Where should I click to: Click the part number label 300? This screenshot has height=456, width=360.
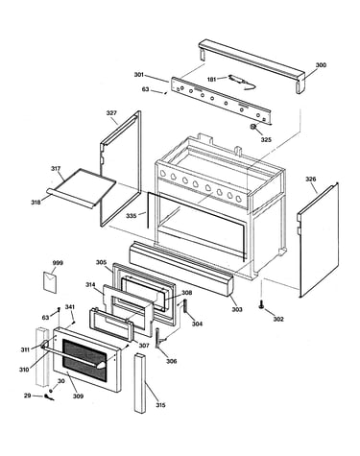coord(321,65)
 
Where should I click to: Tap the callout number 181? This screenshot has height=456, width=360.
coord(211,80)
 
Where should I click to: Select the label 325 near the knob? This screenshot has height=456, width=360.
coord(266,140)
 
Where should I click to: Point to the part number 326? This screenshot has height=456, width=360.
coord(310,180)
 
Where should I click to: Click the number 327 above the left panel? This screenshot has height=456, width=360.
coord(111,113)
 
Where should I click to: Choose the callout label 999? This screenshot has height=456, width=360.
coord(58,263)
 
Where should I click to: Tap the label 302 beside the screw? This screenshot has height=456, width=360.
coord(278,319)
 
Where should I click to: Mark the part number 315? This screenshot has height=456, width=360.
coord(160,405)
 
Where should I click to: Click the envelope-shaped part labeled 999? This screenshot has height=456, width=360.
coord(50,282)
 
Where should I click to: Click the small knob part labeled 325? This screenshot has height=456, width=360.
coord(253,127)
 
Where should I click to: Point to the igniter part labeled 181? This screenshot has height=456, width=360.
coord(242,82)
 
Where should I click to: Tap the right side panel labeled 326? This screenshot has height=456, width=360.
coord(318,240)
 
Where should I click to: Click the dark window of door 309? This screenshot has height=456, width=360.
coord(84,360)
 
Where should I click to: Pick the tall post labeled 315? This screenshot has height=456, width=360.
coord(140,383)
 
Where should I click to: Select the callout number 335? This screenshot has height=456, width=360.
coord(131,216)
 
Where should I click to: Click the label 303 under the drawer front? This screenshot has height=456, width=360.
coord(237,309)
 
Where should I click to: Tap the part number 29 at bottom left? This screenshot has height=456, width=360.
coord(28,396)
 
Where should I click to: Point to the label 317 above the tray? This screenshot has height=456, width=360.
coord(56,169)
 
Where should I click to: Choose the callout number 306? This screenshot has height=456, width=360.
coord(171,361)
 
